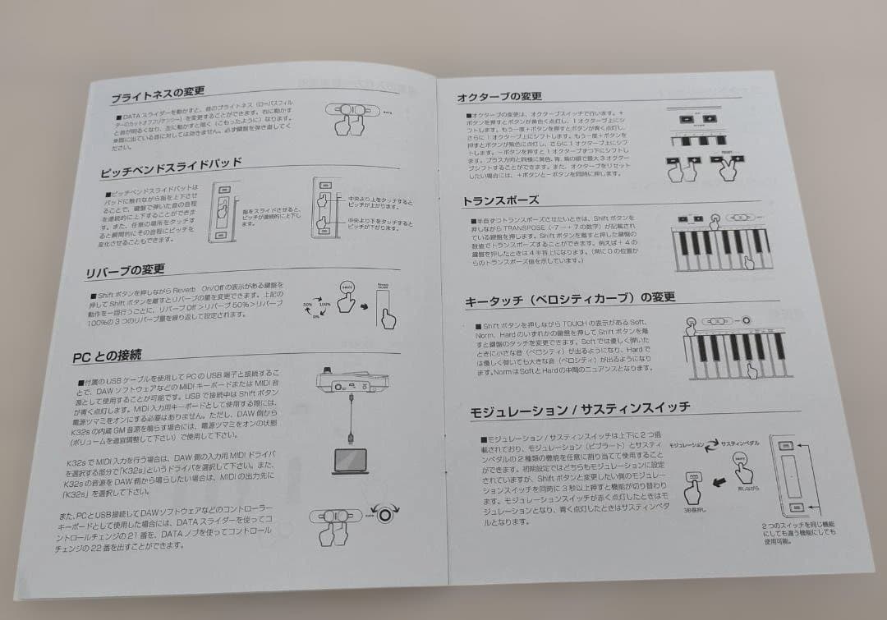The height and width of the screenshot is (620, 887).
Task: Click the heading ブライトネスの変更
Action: click(x=158, y=94)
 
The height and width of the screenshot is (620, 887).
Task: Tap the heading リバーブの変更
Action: click(x=125, y=270)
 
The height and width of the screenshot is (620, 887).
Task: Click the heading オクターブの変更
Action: click(x=499, y=97)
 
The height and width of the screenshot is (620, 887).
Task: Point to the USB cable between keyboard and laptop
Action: click(x=351, y=419)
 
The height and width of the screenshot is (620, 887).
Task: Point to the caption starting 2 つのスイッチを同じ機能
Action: click(x=797, y=533)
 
